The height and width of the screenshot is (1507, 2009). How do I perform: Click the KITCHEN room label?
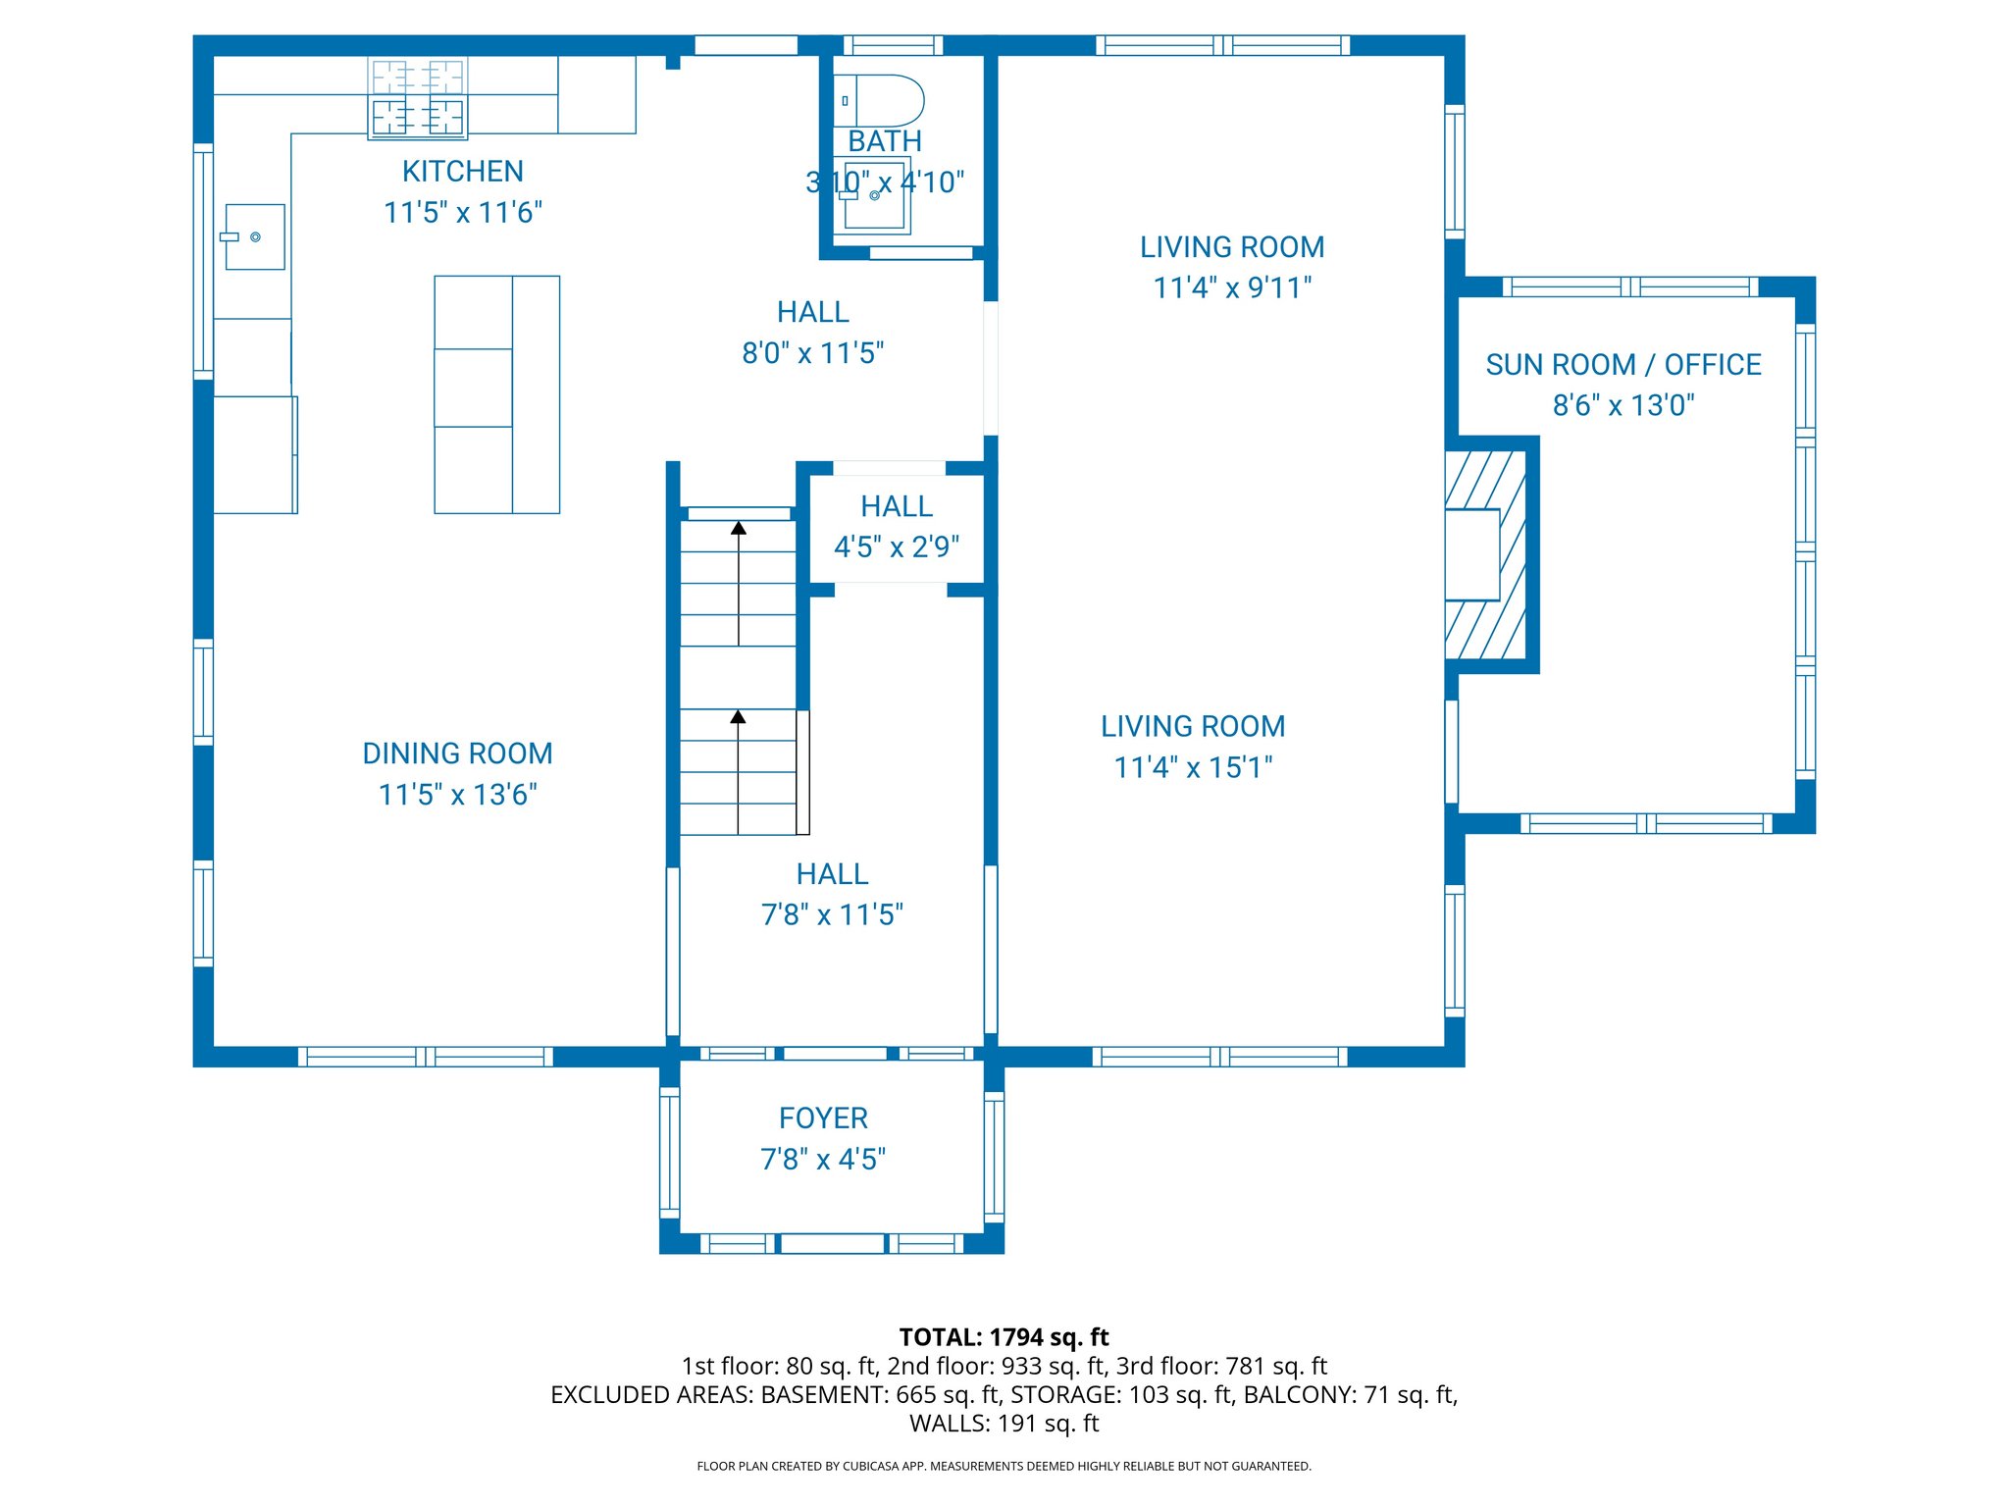pos(462,172)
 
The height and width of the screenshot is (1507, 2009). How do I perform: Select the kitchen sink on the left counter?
pos(255,236)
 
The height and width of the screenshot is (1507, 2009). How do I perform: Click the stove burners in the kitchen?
pos(418,98)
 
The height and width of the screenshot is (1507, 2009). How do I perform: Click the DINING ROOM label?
pos(457,753)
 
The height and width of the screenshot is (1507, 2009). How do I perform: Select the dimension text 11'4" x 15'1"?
pos(1193,767)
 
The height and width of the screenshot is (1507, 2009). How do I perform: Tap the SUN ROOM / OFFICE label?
pos(1623,365)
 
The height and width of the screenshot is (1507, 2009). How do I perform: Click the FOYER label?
pos(823,1118)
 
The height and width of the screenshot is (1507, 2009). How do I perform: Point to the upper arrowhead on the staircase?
pos(739,528)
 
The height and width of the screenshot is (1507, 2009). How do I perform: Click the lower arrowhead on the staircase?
pos(739,717)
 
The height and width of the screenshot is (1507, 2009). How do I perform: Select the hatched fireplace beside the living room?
pos(1485,555)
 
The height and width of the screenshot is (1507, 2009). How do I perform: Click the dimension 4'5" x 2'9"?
pos(897,547)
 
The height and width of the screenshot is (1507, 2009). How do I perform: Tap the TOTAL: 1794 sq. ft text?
pos(1004,1337)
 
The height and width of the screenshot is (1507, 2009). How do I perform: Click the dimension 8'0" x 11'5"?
pos(812,353)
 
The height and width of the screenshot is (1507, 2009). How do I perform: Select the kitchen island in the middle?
pos(496,394)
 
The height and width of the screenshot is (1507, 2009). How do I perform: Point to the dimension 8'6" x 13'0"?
pos(1623,405)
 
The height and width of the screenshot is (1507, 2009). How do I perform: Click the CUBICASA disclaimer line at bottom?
pos(1004,1466)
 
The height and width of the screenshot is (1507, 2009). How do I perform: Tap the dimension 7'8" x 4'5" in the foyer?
pos(823,1160)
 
